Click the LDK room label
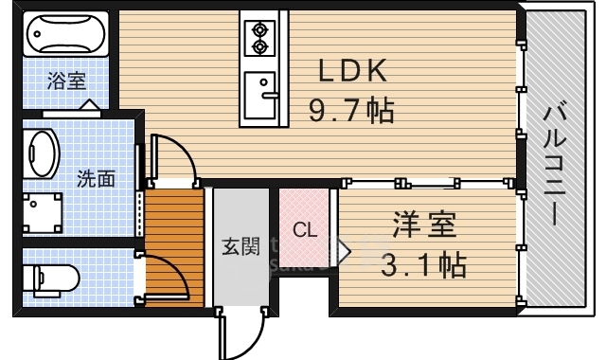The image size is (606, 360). point(351,72)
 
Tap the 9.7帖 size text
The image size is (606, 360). point(351,111)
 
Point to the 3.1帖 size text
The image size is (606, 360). point(425,264)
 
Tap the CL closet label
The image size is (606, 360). point(304,229)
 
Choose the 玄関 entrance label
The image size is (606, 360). point(241,246)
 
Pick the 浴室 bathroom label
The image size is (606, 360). point(66,81)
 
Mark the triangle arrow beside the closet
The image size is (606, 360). point(344,251)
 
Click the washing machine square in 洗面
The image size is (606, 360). point(42,211)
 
